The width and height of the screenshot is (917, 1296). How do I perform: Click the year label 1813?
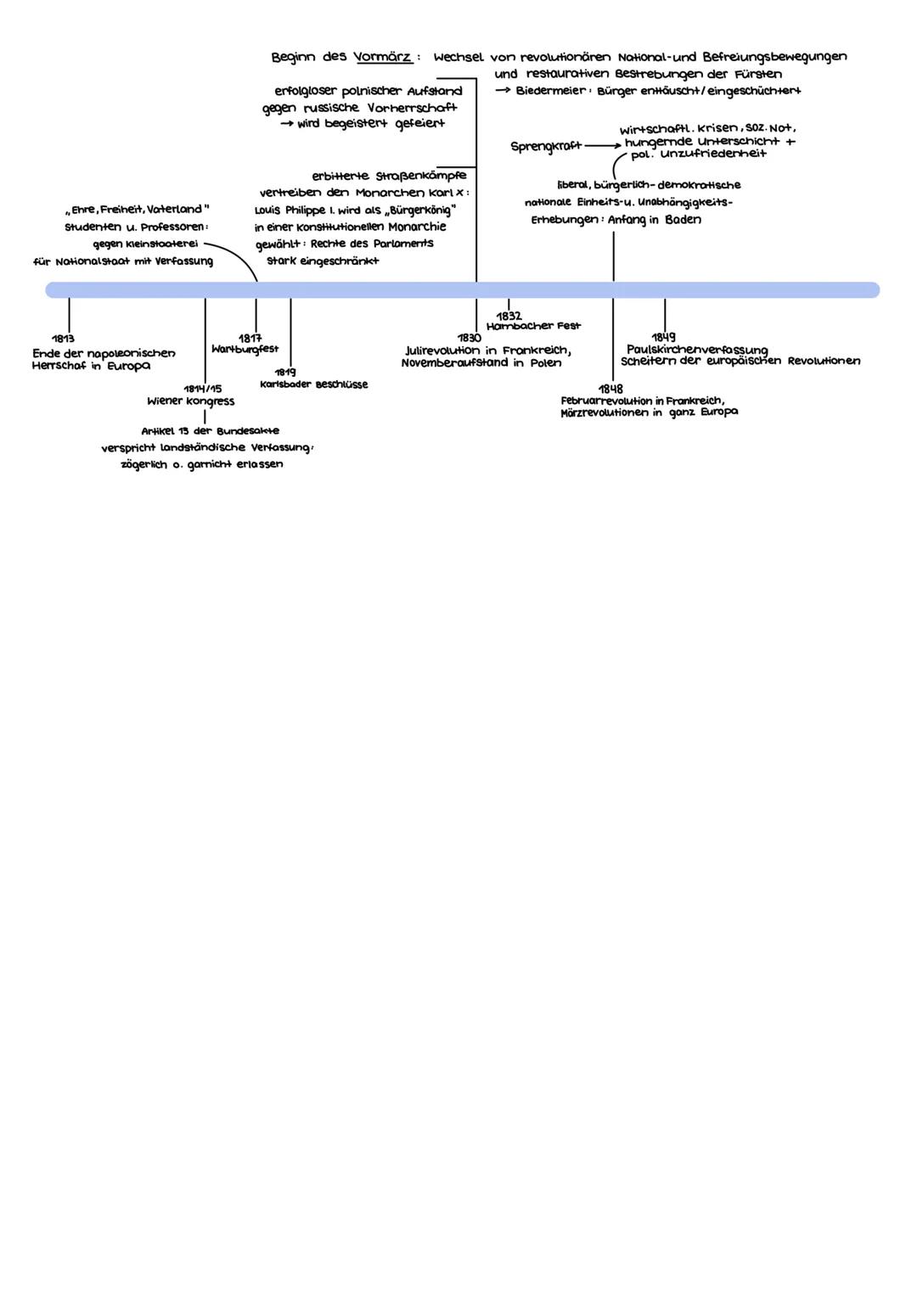[63, 339]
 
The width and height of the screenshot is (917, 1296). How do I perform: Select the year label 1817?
[250, 338]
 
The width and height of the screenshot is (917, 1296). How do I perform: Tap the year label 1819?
[284, 372]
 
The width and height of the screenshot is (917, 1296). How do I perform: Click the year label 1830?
[470, 338]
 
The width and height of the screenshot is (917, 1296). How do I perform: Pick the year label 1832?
[509, 316]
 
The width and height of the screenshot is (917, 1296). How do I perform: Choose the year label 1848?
[610, 389]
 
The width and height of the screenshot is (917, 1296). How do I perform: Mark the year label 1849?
[664, 338]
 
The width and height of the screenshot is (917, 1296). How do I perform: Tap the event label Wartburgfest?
[245, 349]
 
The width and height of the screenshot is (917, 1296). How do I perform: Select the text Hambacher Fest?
[533, 326]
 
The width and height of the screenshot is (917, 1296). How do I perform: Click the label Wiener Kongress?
[191, 401]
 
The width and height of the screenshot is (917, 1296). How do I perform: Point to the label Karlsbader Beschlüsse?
[314, 384]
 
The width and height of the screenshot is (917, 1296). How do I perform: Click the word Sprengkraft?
[546, 146]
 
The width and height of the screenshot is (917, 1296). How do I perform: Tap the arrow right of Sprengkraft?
[603, 146]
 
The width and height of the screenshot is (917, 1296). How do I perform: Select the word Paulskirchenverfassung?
[697, 350]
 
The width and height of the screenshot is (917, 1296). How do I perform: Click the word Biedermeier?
[551, 91]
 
